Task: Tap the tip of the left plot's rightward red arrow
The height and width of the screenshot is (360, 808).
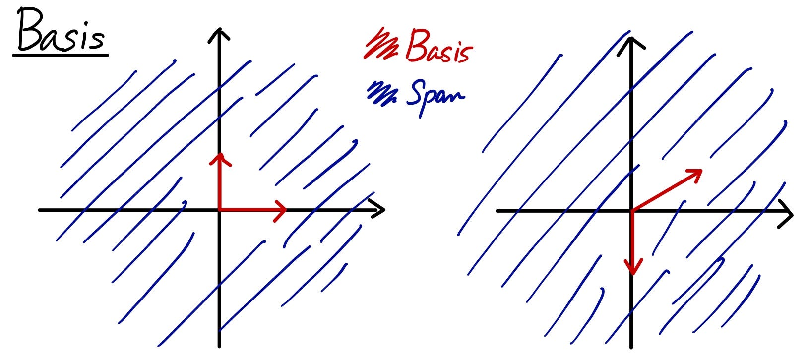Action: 286,209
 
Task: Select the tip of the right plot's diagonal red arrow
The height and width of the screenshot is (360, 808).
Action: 701,171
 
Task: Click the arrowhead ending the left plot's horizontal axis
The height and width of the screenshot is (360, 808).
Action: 383,210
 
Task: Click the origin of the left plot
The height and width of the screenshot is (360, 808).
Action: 219,210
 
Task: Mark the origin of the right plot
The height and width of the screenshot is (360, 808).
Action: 631,211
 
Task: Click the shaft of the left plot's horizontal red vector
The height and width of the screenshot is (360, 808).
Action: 250,209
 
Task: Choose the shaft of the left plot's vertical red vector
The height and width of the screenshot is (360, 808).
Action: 218,183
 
